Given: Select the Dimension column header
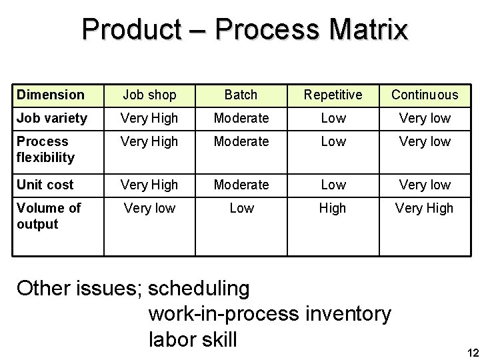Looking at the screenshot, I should pos(51,95).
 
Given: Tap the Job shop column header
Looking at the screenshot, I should pos(149,95).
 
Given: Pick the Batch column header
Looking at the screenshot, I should pos(241,95).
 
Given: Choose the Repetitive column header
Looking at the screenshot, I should pos(333,95).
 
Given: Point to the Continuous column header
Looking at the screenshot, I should pos(425,95).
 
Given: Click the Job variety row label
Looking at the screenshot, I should pos(52,118).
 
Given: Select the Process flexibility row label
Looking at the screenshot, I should pos(46,149).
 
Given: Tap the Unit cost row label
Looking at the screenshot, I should pos(45,184).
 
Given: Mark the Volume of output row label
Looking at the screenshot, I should pos(49,216).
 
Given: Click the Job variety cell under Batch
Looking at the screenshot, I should pos(241,118).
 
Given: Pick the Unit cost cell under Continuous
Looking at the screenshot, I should pos(425,184).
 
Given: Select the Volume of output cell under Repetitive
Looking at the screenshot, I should pos(333,208).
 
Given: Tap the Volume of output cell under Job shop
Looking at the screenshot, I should pos(149,208).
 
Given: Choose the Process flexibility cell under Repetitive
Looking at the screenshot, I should pos(333,141).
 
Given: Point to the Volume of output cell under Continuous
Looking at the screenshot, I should pos(425,208).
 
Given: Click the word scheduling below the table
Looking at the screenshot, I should pos(199,289).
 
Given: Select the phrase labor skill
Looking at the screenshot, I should pos(193,339).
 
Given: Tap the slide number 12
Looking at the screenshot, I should pos(470,353).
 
